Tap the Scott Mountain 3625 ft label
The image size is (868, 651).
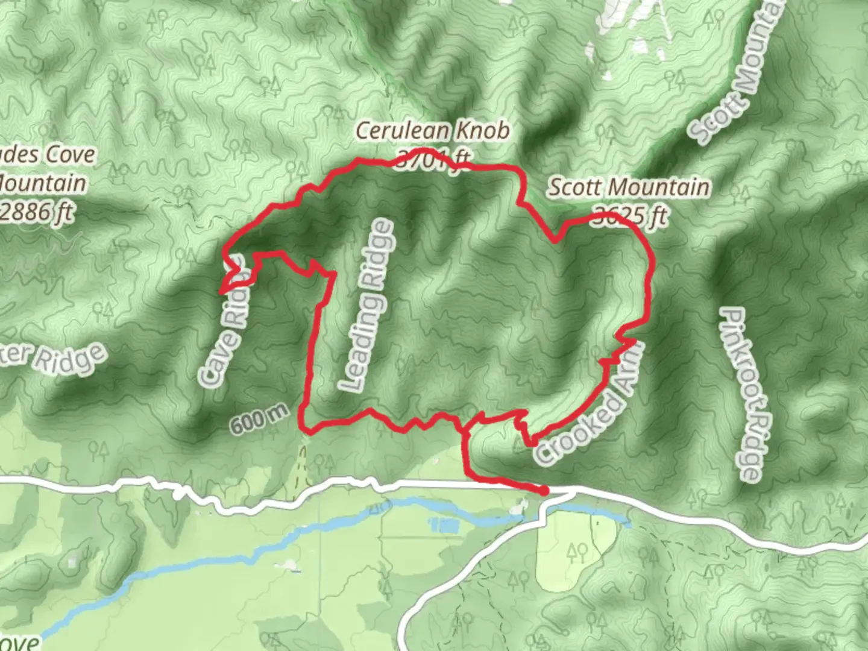point(629,201)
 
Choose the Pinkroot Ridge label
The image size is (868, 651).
point(742,395)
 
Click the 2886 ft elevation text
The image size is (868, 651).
point(39,212)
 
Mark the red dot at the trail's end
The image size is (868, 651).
point(544,491)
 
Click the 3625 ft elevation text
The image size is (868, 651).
point(631,216)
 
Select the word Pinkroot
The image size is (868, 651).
point(737,350)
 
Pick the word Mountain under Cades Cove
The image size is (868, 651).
point(42,183)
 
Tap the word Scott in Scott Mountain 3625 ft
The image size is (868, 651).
point(573,187)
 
